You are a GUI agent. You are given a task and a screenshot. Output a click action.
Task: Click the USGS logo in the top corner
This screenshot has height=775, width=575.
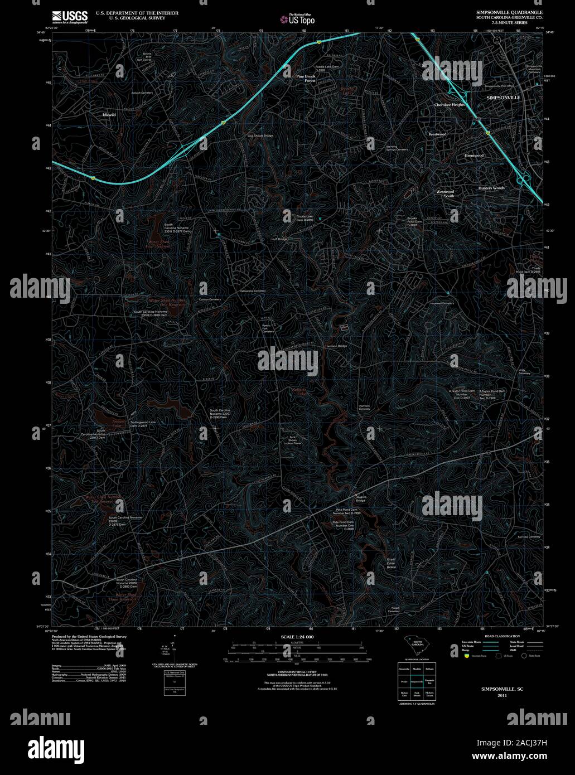click(69, 16)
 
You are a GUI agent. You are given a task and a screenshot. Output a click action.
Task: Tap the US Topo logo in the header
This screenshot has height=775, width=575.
click(298, 19)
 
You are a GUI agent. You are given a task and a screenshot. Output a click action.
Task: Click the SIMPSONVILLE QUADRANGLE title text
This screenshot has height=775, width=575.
click(509, 12)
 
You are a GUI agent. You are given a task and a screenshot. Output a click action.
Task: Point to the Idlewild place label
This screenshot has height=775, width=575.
click(109, 114)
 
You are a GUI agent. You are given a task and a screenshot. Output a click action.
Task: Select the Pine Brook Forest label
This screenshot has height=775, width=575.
click(306, 78)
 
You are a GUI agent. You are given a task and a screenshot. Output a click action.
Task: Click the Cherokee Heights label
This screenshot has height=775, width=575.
click(449, 105)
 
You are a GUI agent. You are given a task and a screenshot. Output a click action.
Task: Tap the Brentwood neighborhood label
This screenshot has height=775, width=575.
click(474, 156)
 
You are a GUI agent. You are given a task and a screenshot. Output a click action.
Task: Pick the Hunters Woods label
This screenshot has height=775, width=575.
click(491, 188)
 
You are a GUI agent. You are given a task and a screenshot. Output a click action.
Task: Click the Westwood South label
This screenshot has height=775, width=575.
click(445, 193)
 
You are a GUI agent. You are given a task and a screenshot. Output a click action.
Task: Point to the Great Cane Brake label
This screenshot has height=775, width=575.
click(392, 563)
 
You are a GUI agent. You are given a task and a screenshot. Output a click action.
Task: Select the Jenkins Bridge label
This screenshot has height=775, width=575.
click(361, 499)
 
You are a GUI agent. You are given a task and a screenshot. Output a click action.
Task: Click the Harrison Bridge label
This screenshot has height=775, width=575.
click(336, 346)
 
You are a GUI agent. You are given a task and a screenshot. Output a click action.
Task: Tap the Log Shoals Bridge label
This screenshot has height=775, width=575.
click(260, 135)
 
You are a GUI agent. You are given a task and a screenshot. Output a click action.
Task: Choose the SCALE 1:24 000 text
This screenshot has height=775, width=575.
click(297, 637)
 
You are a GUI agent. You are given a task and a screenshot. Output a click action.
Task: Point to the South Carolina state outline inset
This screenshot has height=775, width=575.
click(417, 648)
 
